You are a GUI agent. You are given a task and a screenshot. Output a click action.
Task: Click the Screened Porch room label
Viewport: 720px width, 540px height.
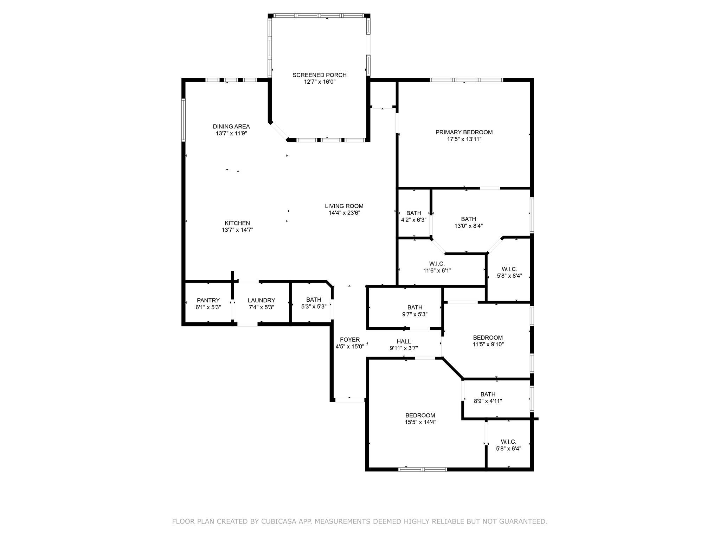(319, 75)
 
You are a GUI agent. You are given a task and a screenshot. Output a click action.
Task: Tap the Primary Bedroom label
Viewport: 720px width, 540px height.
(464, 132)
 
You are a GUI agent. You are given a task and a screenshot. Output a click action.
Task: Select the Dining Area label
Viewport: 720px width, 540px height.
(231, 127)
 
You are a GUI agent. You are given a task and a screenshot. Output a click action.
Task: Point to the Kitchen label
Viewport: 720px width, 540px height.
(237, 223)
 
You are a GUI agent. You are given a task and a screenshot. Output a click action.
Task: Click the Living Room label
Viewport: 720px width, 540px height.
(344, 206)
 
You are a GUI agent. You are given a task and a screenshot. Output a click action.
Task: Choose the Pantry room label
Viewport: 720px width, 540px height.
(208, 300)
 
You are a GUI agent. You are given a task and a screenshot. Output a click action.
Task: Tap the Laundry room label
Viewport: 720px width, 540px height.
(261, 300)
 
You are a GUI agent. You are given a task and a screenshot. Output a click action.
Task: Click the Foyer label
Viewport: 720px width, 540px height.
(350, 340)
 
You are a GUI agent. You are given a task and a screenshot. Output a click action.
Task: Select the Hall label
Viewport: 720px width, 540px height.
(404, 341)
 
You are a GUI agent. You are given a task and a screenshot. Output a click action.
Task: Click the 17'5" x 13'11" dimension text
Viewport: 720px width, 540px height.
(464, 139)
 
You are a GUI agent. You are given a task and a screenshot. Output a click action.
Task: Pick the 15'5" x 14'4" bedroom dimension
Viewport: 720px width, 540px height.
(420, 422)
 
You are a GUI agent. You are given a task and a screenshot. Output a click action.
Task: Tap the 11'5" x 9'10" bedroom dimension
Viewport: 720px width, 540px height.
(488, 345)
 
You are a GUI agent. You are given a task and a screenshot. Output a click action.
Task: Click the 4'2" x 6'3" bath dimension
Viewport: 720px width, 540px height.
(414, 220)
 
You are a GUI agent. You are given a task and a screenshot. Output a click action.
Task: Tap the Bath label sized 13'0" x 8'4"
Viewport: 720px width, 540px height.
(469, 219)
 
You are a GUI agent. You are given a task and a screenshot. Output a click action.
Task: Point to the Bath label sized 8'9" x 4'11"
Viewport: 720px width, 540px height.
(488, 394)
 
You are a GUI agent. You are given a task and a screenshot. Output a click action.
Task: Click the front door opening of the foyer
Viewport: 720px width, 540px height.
(349, 400)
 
